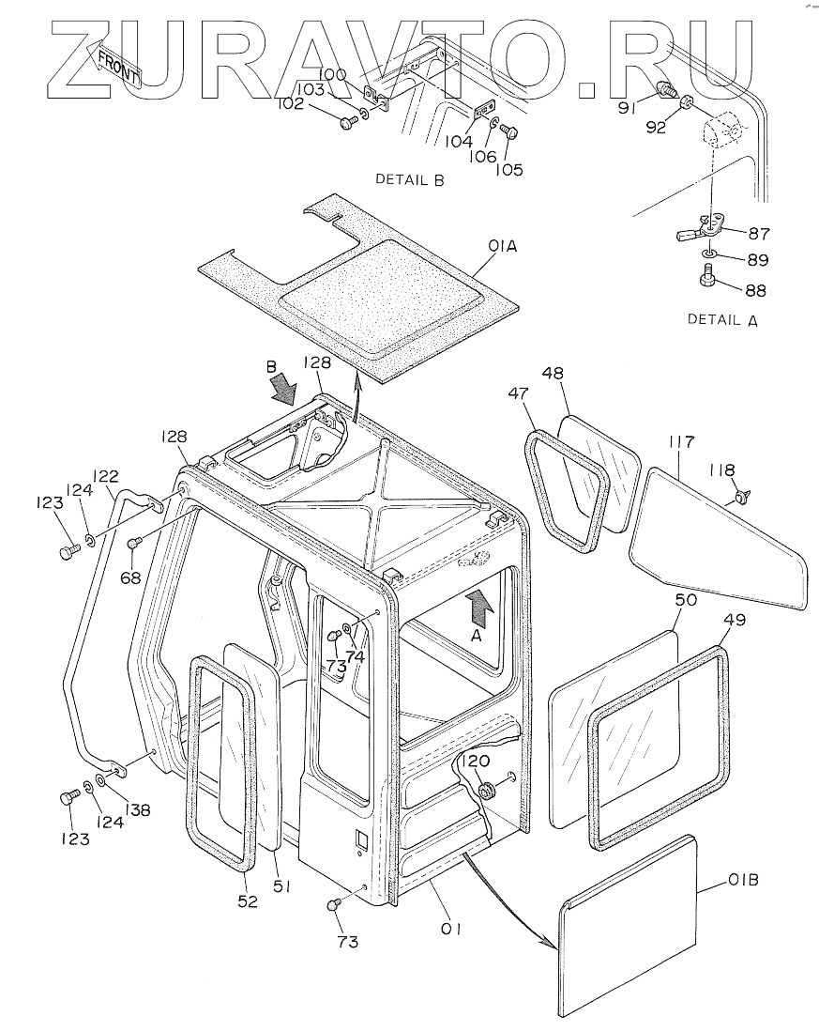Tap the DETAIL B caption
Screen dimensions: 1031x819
point(409,179)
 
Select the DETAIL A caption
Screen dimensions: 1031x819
point(722,319)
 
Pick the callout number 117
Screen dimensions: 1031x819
point(680,440)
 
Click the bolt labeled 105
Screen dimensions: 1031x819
point(508,132)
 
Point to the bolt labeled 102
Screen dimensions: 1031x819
point(349,122)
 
